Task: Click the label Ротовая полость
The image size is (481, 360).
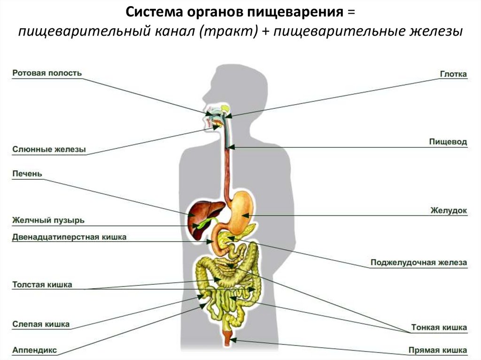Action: click(x=47, y=73)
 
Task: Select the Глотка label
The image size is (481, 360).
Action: click(x=453, y=74)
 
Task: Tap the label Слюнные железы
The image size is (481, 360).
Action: click(x=49, y=150)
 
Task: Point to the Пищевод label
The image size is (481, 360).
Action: click(x=448, y=141)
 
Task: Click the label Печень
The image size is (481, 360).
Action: click(x=27, y=174)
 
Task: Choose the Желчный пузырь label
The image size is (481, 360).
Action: click(x=48, y=220)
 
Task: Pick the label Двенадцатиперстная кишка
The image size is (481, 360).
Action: click(x=69, y=237)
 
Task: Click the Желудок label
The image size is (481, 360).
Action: click(x=449, y=211)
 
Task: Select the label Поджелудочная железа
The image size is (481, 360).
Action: click(x=419, y=262)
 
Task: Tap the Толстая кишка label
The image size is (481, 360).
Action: click(x=42, y=284)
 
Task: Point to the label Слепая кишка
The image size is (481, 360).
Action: click(x=41, y=324)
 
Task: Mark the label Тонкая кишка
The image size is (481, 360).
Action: click(x=439, y=327)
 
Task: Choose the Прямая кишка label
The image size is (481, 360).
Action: click(x=437, y=350)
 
